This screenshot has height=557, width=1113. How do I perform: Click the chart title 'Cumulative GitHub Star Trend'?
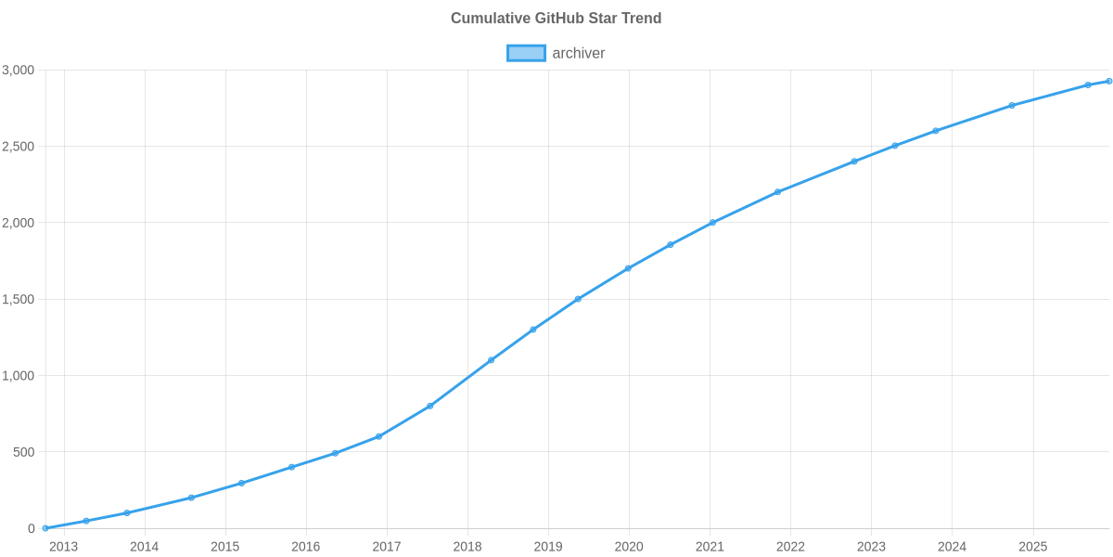coord(556,19)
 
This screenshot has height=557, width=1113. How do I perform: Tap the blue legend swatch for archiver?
coord(526,53)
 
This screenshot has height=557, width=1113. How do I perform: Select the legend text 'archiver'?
coord(578,53)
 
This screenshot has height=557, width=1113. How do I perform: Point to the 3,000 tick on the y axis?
coord(19,71)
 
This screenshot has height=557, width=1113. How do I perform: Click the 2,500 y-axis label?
coord(19,147)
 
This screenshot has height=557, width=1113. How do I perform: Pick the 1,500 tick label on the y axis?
coord(19,300)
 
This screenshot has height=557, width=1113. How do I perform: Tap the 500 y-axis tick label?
coord(24,452)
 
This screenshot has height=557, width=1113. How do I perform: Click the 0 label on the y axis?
coord(32,529)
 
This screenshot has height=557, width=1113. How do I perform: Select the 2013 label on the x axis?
coord(63,547)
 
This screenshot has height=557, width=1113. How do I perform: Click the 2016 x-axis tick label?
coord(305,547)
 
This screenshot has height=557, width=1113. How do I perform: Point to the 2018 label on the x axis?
coord(467,547)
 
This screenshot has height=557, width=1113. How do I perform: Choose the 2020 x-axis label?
coord(629,547)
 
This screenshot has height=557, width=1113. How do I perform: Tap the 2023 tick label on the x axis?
coord(871,547)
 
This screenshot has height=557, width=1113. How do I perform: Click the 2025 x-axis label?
coord(1032,547)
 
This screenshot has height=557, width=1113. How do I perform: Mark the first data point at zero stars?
coord(45,528)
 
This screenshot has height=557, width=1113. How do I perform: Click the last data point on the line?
coord(1108,81)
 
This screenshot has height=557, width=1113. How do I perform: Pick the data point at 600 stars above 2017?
coord(379,436)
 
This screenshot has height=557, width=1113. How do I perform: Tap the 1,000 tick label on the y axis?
coord(19,376)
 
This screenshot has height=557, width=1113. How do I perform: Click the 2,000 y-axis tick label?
coord(19,224)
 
